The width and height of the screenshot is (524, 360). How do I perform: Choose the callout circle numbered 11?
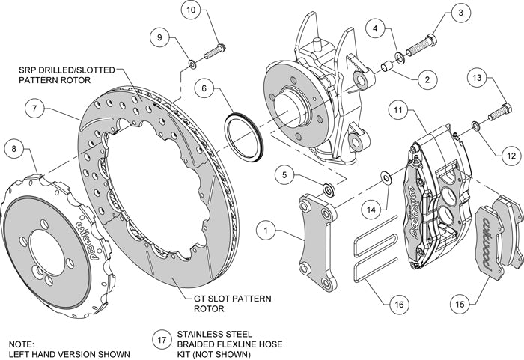click(x=399, y=111)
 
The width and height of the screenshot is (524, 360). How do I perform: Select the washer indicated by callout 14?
click(x=384, y=177)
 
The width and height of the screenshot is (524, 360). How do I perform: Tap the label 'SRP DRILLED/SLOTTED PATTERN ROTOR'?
click(x=67, y=74)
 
